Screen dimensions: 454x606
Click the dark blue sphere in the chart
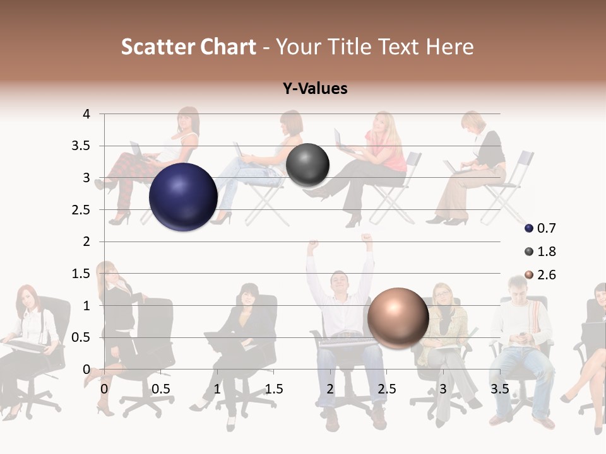point(183,197)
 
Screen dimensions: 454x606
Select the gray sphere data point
point(307,165)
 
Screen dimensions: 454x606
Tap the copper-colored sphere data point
point(398,318)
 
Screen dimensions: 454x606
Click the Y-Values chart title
point(315,89)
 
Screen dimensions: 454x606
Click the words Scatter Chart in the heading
point(189,47)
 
